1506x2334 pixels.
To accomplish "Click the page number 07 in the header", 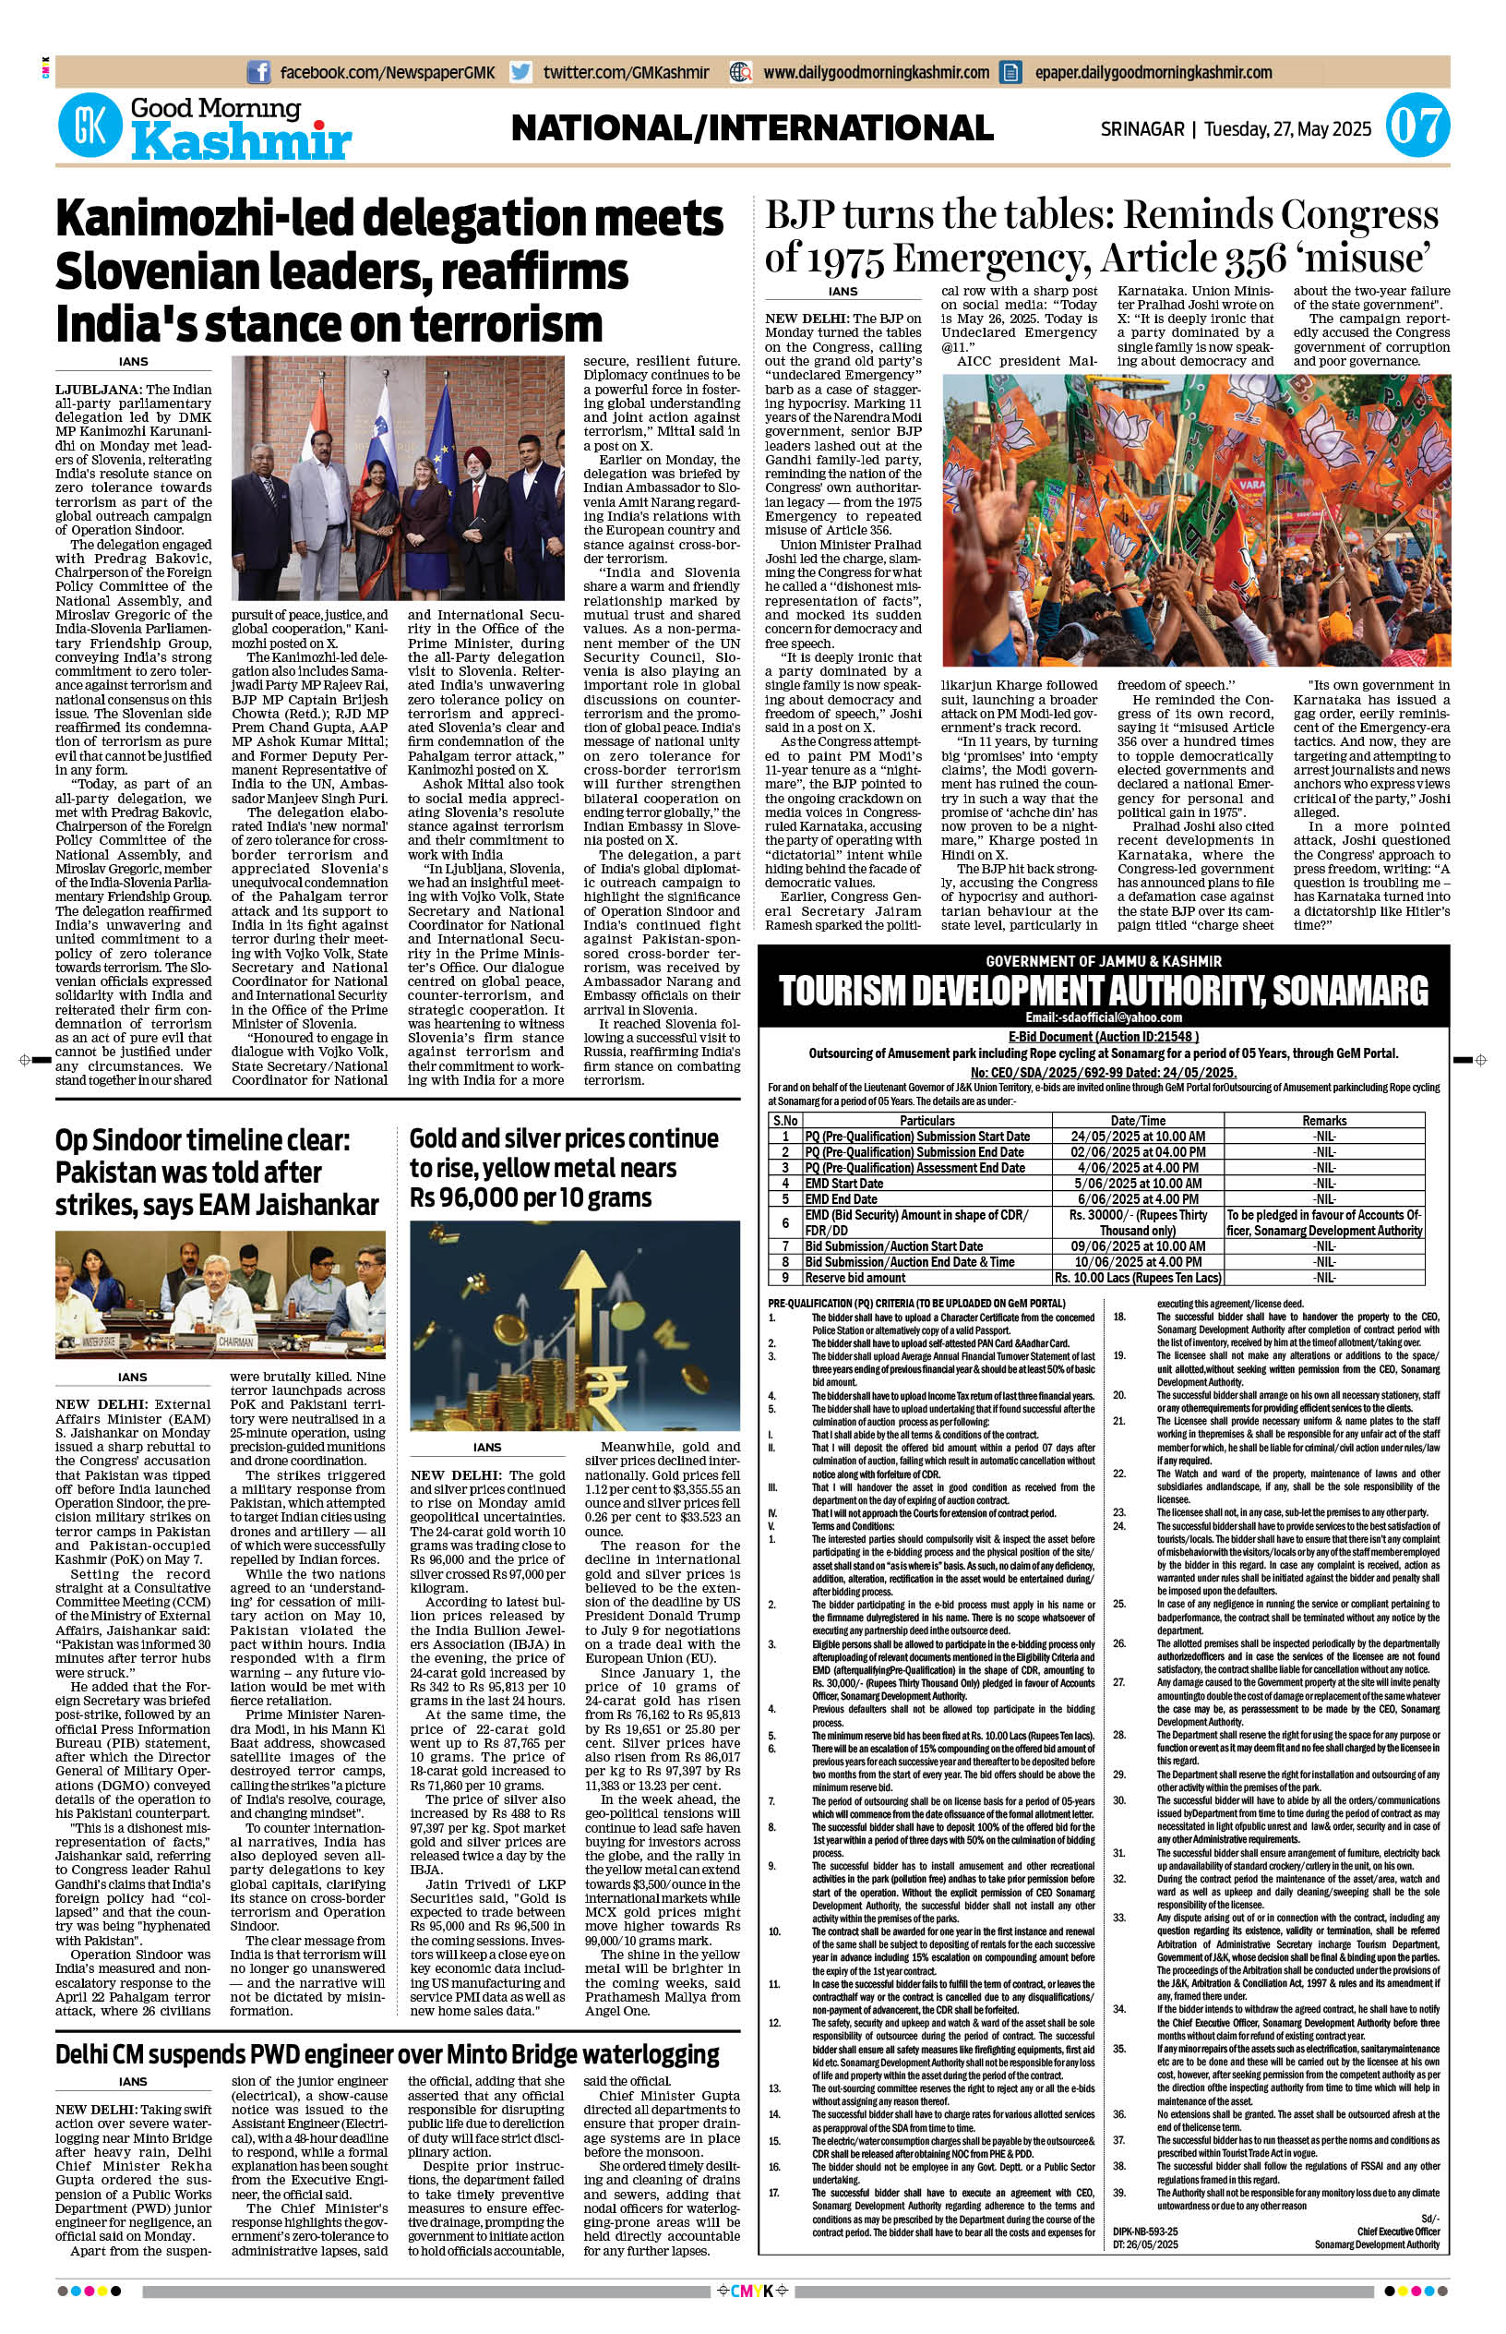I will pyautogui.click(x=1417, y=127).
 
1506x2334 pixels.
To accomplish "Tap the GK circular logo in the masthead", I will pyautogui.click(x=89, y=126).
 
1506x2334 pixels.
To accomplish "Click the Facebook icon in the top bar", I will pyautogui.click(x=259, y=72).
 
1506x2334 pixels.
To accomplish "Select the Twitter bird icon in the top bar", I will pyautogui.click(x=521, y=72).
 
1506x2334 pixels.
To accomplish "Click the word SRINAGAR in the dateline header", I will pyautogui.click(x=1142, y=129).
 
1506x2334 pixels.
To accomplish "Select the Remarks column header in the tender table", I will pyautogui.click(x=1324, y=1120).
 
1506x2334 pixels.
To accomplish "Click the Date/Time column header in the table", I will pyautogui.click(x=1137, y=1120).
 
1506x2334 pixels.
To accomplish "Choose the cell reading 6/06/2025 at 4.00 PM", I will pyautogui.click(x=1137, y=1199).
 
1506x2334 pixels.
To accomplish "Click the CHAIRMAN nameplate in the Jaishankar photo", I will pyautogui.click(x=235, y=1342).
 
